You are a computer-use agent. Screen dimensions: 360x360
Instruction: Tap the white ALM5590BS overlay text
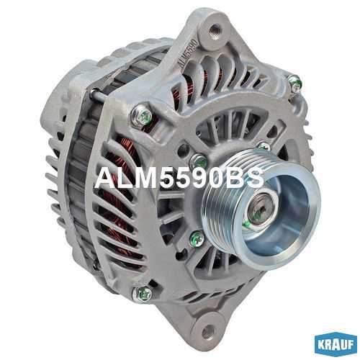(179, 179)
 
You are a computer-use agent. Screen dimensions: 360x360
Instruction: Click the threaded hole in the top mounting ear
(213, 29)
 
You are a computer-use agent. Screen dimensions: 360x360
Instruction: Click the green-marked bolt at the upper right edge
(294, 82)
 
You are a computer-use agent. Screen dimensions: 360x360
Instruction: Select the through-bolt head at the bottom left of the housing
(143, 294)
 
